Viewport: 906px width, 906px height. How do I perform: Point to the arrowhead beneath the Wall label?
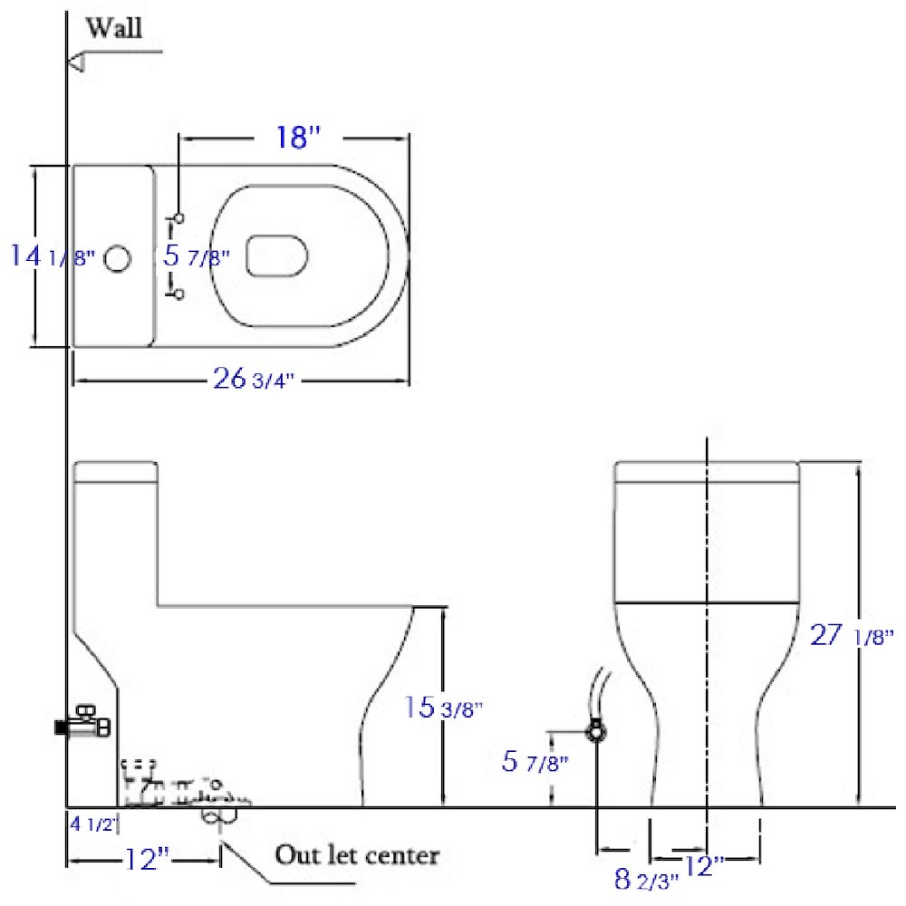(x=77, y=62)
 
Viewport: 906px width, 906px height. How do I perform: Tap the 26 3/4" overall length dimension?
(x=254, y=380)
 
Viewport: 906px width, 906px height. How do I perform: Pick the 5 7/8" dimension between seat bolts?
(x=195, y=256)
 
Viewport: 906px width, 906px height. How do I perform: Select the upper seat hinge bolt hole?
(x=178, y=217)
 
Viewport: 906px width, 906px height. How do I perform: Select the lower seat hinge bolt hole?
(x=178, y=294)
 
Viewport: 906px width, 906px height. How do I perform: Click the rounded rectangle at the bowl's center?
(x=277, y=255)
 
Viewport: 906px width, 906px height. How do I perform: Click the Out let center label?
(x=357, y=854)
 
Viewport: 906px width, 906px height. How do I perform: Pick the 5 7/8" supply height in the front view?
(x=535, y=762)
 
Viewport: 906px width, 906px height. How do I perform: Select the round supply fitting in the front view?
(x=596, y=730)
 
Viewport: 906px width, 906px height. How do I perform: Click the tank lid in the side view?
(x=116, y=472)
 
